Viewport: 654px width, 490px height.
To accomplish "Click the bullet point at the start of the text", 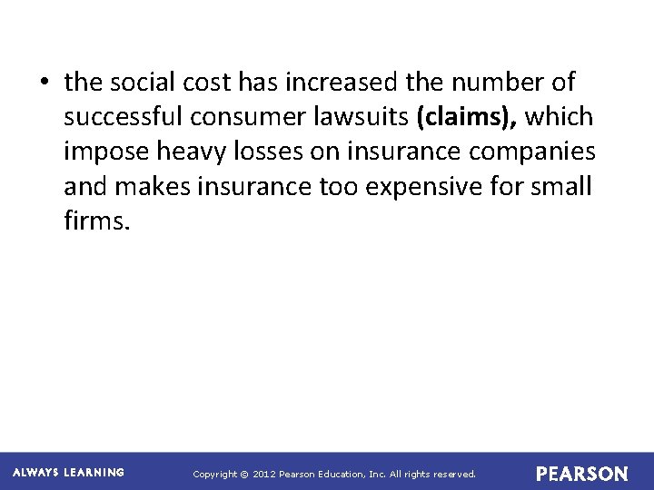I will (x=44, y=83).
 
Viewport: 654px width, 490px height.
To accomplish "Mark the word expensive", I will (x=418, y=187).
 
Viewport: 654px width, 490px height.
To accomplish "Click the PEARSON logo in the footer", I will (x=581, y=474).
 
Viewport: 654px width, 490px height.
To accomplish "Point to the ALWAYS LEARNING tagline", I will (x=68, y=473).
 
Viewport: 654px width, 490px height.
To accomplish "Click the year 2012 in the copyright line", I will (x=263, y=475).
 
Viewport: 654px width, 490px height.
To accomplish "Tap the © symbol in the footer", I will (x=243, y=475).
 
